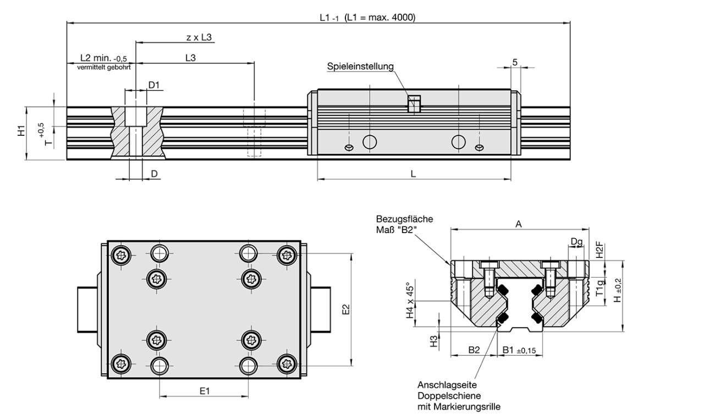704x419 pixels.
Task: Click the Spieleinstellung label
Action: point(360,67)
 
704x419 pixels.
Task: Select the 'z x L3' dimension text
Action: point(199,37)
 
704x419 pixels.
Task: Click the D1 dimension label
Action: point(154,85)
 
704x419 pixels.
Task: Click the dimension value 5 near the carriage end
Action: point(515,62)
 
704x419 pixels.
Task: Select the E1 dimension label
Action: point(204,391)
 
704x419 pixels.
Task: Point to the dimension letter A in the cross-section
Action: point(519,223)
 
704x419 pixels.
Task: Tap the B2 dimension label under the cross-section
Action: point(474,349)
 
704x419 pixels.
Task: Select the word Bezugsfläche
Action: point(404,219)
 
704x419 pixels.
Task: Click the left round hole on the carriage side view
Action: point(370,142)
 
